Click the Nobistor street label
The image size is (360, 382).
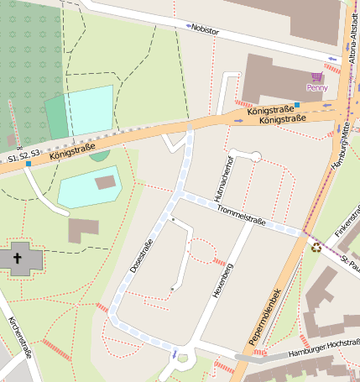tap(205, 30)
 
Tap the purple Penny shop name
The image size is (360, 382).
tap(316, 86)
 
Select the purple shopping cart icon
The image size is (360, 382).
tap(317, 76)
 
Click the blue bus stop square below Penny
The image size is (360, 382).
tap(296, 105)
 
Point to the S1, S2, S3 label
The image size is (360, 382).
tap(23, 156)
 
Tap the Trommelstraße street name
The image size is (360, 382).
tap(241, 216)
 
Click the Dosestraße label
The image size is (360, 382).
tap(141, 255)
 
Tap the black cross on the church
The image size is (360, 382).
tap(18, 258)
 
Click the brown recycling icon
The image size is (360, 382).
tap(316, 247)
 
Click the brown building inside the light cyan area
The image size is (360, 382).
tap(106, 182)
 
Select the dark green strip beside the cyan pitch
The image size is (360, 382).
tap(57, 118)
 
